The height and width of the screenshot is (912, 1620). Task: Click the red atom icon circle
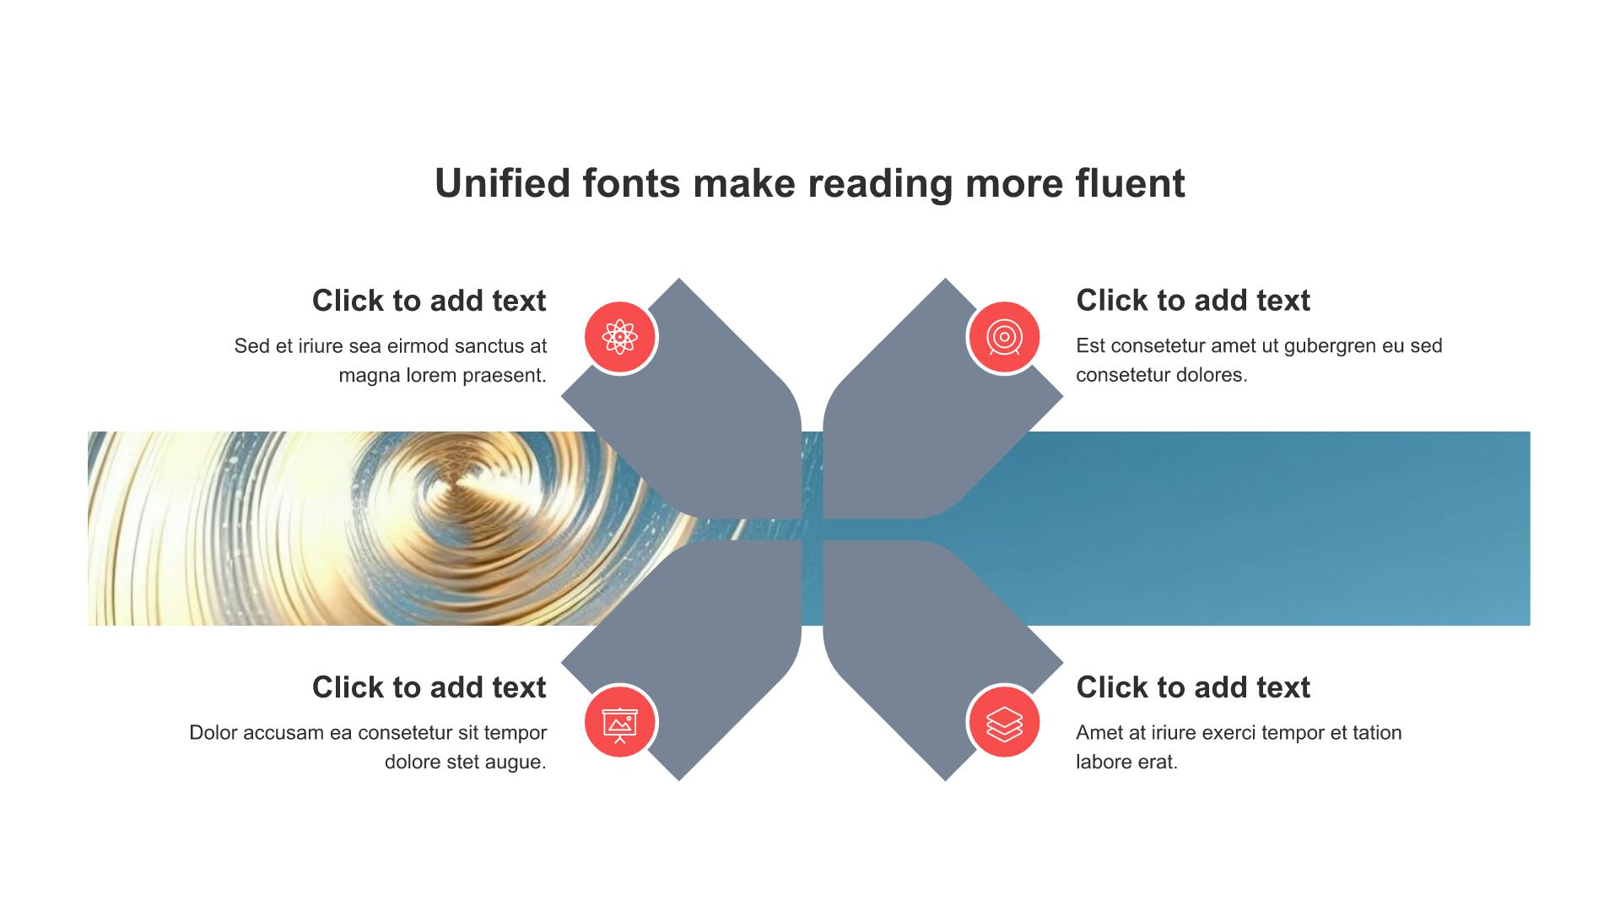(x=620, y=337)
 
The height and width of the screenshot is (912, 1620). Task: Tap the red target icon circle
(x=1004, y=337)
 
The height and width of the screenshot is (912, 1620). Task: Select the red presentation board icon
(x=620, y=723)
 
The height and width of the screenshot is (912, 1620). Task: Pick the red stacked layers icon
(x=1004, y=723)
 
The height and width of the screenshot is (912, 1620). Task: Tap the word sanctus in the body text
(x=489, y=346)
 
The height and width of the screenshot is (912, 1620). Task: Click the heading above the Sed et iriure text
(x=429, y=301)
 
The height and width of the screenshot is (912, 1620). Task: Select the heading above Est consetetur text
(x=1193, y=301)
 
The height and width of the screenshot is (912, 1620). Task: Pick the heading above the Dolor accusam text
(x=429, y=687)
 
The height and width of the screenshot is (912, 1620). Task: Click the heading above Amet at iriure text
(x=1193, y=687)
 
